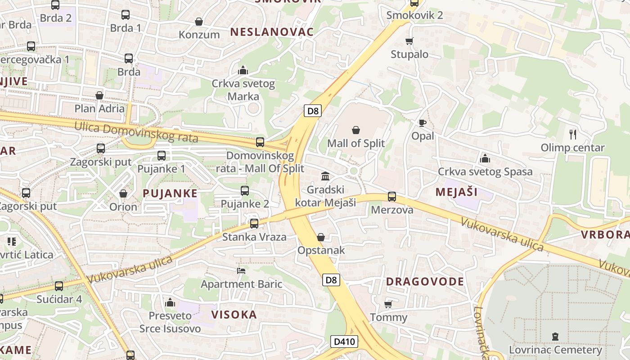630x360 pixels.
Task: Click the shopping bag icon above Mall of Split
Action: (356, 130)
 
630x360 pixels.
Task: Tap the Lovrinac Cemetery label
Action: (555, 350)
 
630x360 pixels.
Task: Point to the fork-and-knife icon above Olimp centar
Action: (573, 134)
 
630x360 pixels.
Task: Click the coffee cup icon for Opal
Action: (422, 123)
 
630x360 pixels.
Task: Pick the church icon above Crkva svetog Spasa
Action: (485, 158)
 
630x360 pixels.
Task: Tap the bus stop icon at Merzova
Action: (392, 197)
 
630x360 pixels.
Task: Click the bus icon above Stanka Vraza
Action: (254, 224)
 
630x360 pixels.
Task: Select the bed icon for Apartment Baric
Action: (241, 271)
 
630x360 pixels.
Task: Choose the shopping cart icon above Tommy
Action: (388, 305)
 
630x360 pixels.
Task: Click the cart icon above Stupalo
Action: (409, 41)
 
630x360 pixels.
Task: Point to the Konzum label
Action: (199, 35)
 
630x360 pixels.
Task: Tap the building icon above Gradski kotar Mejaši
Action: (325, 176)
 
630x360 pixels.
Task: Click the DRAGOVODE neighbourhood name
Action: (425, 282)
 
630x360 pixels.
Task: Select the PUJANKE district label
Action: (170, 193)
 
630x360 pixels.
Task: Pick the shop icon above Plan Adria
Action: (99, 95)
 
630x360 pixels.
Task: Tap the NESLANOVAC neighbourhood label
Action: (272, 31)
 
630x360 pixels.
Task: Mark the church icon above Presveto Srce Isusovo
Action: (170, 302)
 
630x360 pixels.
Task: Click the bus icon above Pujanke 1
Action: (162, 156)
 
